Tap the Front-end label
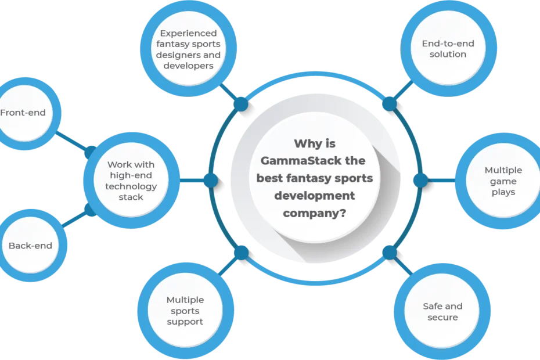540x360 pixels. click(23, 113)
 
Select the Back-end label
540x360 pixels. click(30, 246)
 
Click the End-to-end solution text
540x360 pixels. click(448, 49)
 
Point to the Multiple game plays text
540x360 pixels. click(503, 181)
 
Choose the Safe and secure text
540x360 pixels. click(442, 312)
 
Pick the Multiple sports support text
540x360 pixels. click(185, 311)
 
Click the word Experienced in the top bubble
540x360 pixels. click(188, 34)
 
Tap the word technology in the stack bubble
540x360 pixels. click(131, 186)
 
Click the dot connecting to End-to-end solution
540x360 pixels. click(390, 104)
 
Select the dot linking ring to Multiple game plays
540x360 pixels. click(420, 181)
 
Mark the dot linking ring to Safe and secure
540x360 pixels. click(390, 253)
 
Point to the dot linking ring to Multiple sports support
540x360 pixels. click(241, 253)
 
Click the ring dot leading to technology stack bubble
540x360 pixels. click(211, 181)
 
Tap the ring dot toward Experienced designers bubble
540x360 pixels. click(241, 104)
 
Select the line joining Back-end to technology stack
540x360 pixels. click(74, 219)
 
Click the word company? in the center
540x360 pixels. click(315, 213)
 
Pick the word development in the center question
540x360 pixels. click(315, 196)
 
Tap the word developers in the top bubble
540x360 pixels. click(188, 66)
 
